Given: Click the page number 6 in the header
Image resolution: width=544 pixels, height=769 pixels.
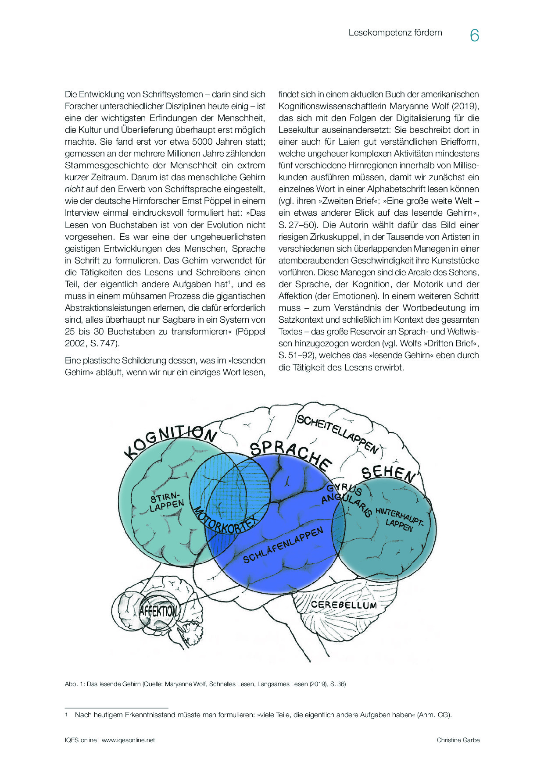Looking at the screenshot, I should click(474, 36).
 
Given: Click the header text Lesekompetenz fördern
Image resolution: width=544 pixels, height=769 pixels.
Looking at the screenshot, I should click(395, 33).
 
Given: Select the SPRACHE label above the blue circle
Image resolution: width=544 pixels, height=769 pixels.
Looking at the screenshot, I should click(290, 454).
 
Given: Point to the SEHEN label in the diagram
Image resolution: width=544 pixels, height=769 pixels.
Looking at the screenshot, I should click(388, 474).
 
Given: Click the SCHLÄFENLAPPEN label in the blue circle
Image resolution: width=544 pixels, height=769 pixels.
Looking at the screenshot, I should click(283, 545).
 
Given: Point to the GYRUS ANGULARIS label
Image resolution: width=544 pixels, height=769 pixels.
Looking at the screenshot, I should click(347, 498).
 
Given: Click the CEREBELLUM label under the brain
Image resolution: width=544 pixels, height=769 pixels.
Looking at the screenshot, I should click(344, 605).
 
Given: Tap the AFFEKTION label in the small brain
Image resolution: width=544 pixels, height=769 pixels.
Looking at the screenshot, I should click(158, 611).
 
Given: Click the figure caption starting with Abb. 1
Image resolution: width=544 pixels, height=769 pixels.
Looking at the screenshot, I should click(205, 684).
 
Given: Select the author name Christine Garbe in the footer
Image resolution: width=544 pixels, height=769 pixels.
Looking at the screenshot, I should click(458, 740).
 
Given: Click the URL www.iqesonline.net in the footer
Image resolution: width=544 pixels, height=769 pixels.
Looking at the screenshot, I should click(128, 740).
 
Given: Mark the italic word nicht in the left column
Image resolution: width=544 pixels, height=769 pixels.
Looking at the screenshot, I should click(74, 189).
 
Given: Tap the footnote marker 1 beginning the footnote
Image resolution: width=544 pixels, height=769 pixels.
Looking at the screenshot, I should click(67, 715).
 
